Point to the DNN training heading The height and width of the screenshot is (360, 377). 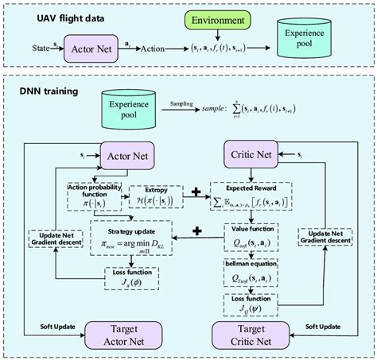tap(49, 91)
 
